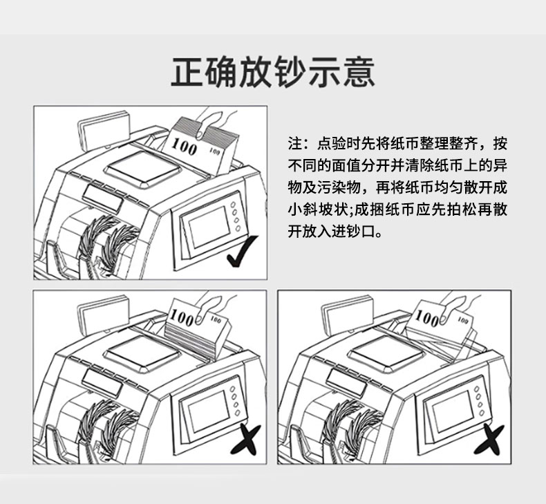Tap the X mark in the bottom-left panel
pyautogui.click(x=245, y=439)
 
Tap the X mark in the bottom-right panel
pyautogui.click(x=489, y=439)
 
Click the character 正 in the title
pyautogui.click(x=187, y=72)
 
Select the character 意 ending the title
pyautogui.click(x=359, y=72)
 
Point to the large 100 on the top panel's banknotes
pyautogui.click(x=185, y=147)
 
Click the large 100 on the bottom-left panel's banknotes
pyautogui.click(x=182, y=317)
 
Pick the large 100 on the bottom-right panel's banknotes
pyautogui.click(x=428, y=317)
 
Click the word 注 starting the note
pyautogui.click(x=294, y=144)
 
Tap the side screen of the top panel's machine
pyautogui.click(x=209, y=227)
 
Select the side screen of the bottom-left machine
pyautogui.click(x=209, y=411)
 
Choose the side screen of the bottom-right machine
pyautogui.click(x=453, y=411)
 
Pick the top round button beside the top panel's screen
pyautogui.click(x=233, y=205)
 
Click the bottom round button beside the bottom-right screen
pyautogui.click(x=482, y=413)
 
